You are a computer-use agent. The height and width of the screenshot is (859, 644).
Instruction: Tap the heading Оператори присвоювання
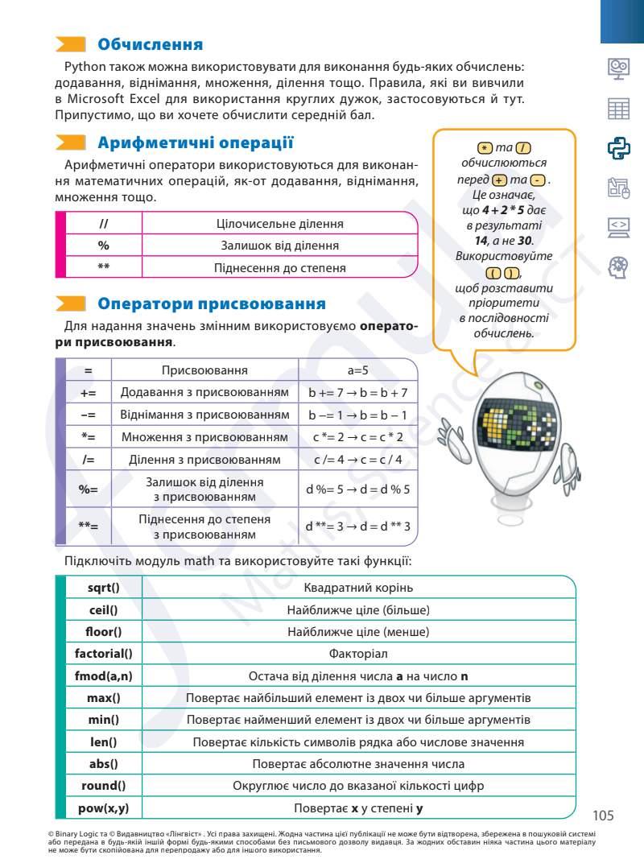(x=212, y=304)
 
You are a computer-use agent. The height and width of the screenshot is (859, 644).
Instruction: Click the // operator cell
(x=103, y=223)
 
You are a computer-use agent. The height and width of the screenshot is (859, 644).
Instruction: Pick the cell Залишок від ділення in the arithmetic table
(x=279, y=246)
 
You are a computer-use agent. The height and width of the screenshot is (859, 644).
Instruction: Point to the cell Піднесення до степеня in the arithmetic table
(x=279, y=267)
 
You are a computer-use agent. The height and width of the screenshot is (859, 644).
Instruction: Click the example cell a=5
(x=357, y=370)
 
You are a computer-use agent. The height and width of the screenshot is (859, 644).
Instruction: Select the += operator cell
(x=88, y=393)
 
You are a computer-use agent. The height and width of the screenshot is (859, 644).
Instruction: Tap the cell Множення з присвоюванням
(x=204, y=437)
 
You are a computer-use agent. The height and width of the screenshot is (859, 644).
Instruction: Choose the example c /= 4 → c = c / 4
(x=357, y=460)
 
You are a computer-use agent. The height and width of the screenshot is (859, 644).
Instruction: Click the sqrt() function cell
(x=103, y=588)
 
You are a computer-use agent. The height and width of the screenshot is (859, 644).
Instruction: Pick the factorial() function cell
(x=103, y=653)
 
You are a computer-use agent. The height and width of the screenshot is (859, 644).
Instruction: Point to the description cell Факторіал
(x=358, y=653)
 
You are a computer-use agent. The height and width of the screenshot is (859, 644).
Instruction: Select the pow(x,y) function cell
(x=103, y=807)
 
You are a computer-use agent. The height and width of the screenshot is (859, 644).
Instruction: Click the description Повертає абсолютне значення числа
(x=358, y=763)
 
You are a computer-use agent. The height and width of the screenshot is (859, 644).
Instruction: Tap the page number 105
(x=603, y=815)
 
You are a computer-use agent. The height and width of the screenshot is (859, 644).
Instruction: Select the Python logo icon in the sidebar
(x=617, y=148)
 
